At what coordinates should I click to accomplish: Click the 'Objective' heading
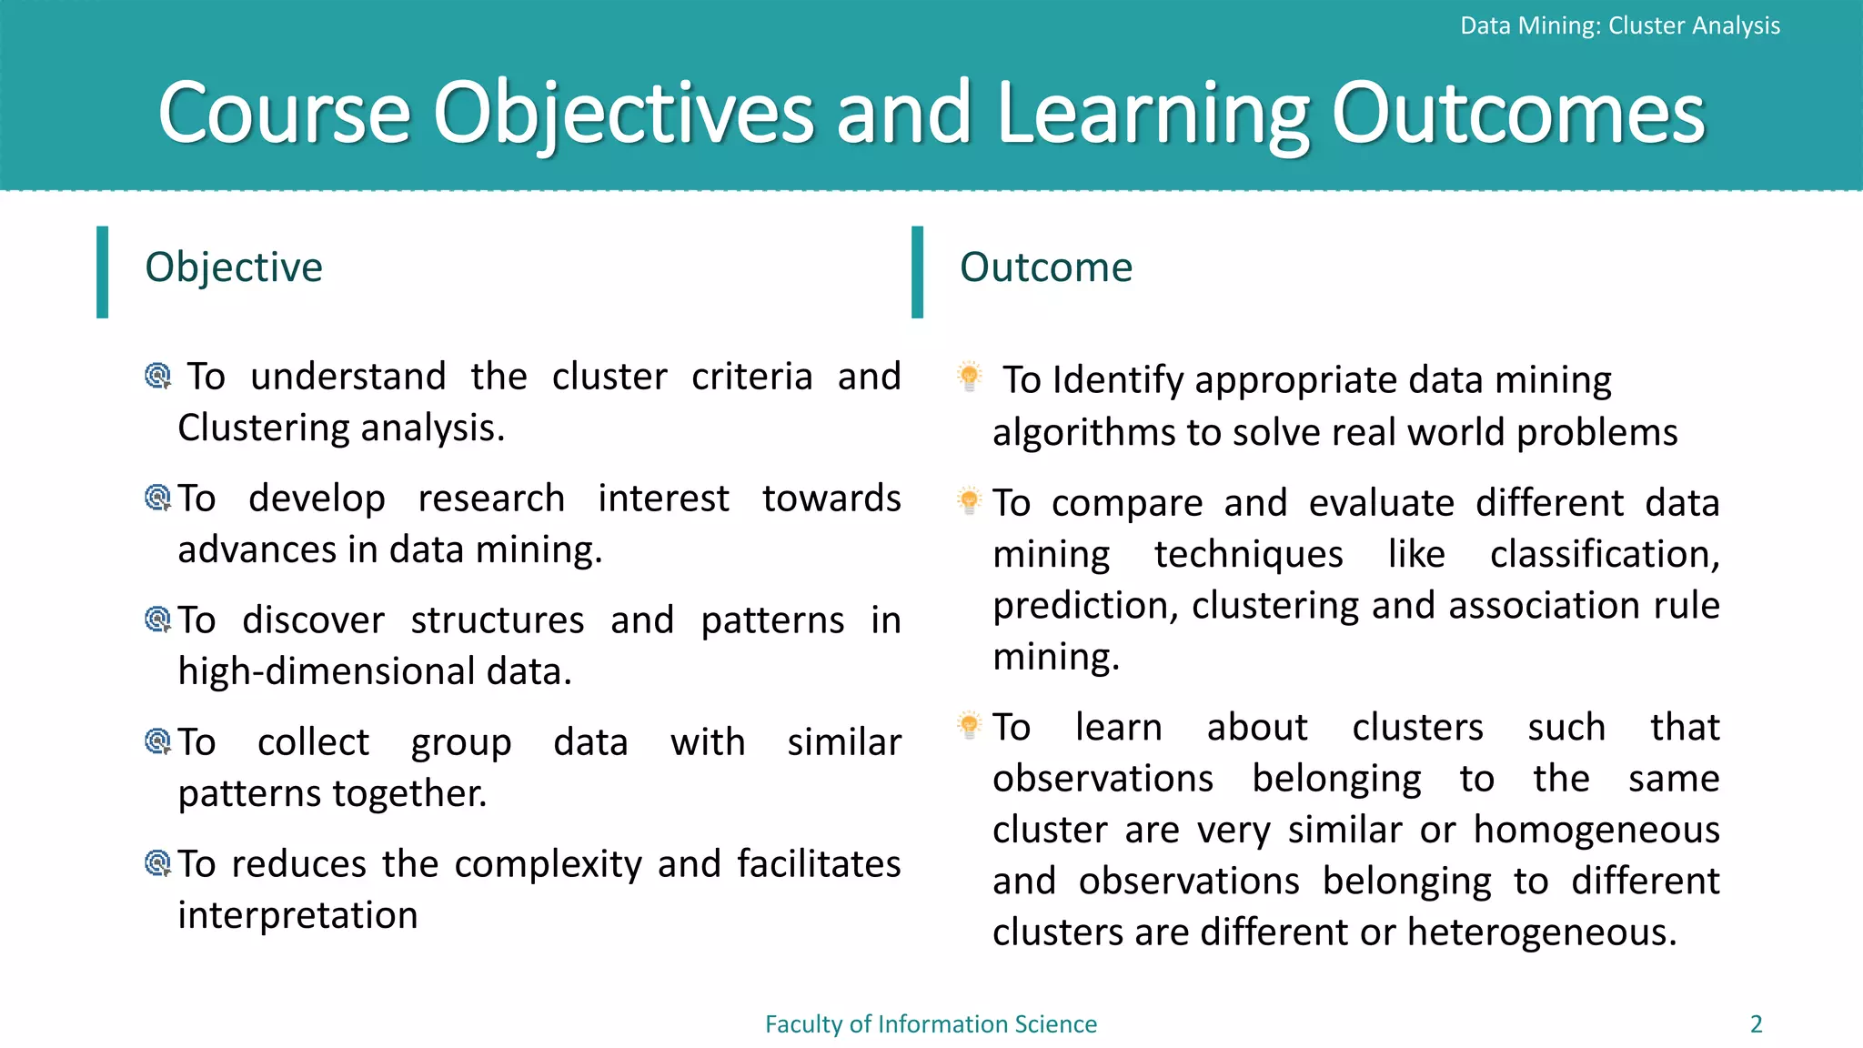click(234, 267)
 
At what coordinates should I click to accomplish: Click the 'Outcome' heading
click(1046, 267)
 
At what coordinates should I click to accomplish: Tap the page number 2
click(1757, 1024)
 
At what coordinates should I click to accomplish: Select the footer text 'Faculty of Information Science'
click(931, 1024)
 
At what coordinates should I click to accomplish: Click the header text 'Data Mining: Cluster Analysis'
click(1619, 25)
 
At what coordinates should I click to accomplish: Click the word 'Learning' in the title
click(1153, 114)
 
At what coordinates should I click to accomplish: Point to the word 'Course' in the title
click(284, 114)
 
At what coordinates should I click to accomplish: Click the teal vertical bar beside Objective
click(103, 272)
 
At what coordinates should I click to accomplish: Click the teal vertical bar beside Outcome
click(917, 272)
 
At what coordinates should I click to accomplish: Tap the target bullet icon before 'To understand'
click(158, 376)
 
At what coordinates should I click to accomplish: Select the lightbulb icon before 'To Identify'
click(970, 376)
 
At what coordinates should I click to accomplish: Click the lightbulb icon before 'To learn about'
click(970, 725)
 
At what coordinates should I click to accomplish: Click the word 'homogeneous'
click(1596, 830)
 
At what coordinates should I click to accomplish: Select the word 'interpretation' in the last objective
click(297, 915)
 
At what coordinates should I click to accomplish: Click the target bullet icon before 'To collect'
click(158, 741)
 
